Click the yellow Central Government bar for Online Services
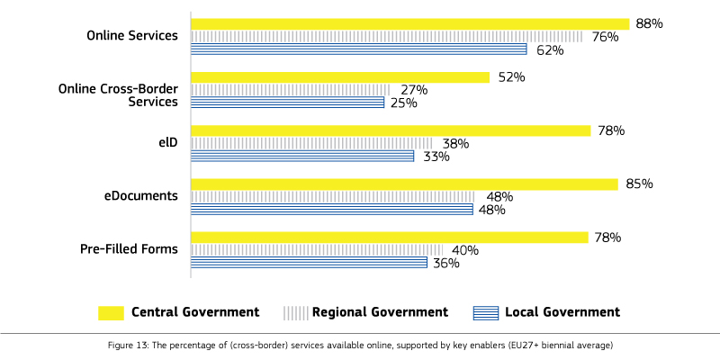(409, 24)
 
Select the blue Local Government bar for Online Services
(358, 49)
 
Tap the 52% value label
(510, 77)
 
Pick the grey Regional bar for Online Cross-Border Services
(290, 90)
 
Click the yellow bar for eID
(390, 130)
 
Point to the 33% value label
(436, 157)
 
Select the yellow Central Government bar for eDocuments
(404, 184)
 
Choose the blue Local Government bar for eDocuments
(331, 210)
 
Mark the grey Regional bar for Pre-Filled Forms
(317, 250)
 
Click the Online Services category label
(131, 36)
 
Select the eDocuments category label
(140, 196)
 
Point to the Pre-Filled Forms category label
(129, 249)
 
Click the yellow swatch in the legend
(111, 312)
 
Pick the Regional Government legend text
(380, 312)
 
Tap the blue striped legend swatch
(485, 312)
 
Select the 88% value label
(649, 24)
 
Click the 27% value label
(413, 90)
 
